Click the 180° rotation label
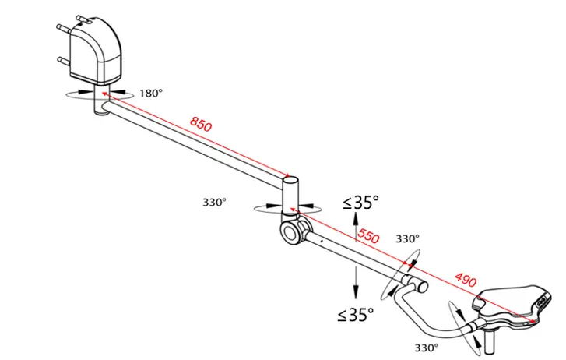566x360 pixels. pyautogui.click(x=151, y=94)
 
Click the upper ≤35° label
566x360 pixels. pyautogui.click(x=360, y=203)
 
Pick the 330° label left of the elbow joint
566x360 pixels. pyautogui.click(x=214, y=202)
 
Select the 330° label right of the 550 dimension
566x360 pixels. pyautogui.click(x=407, y=238)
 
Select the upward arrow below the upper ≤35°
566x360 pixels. pyautogui.click(x=357, y=231)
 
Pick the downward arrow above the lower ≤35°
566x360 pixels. pyautogui.click(x=356, y=282)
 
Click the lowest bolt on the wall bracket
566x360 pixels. pyautogui.click(x=62, y=59)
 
